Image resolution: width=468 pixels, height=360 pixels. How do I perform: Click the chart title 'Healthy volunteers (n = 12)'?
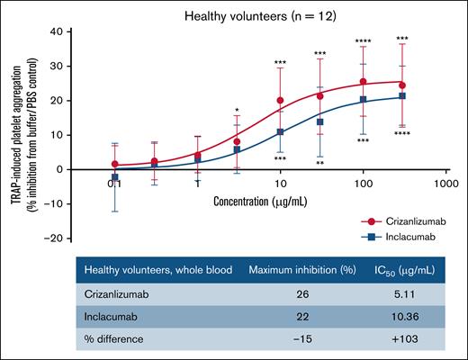[x=261, y=15]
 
